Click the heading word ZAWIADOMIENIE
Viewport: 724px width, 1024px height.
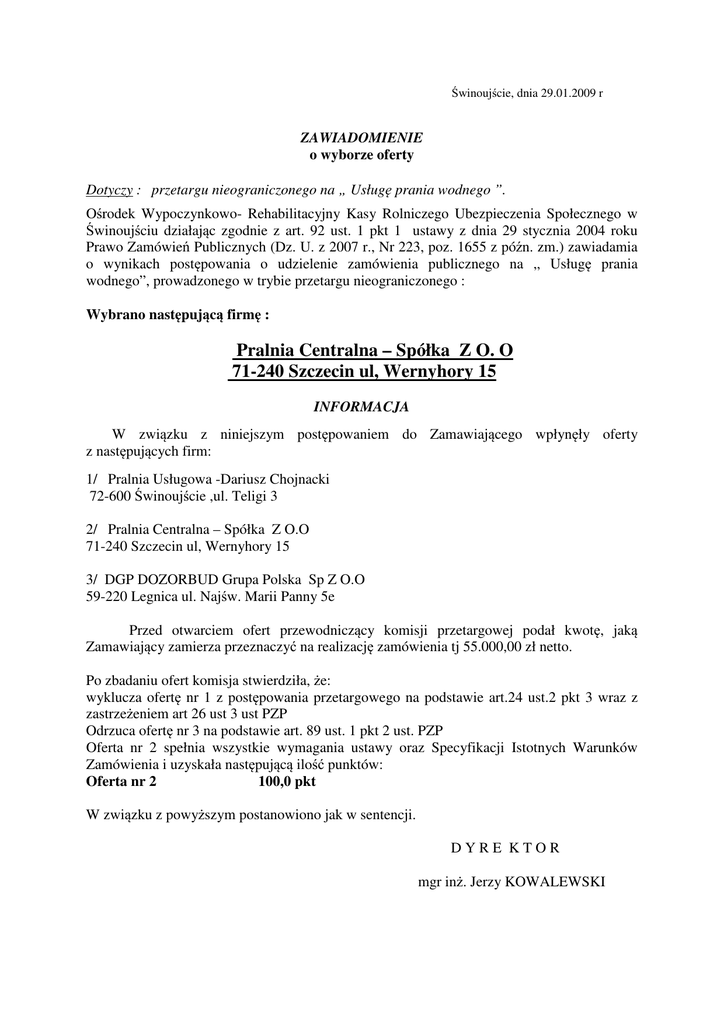[x=362, y=137]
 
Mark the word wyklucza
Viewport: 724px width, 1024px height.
[x=113, y=695]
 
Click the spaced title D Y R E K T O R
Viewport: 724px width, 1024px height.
[x=506, y=848]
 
